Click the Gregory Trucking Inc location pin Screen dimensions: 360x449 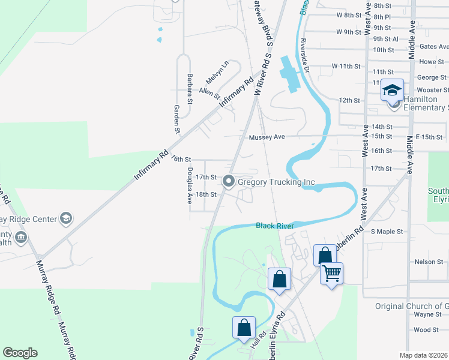(x=228, y=181)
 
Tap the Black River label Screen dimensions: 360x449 (x=274, y=226)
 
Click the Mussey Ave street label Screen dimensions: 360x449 (x=267, y=137)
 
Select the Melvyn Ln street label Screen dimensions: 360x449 (x=217, y=73)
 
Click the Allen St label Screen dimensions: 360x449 (x=209, y=93)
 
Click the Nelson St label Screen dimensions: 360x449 (x=427, y=262)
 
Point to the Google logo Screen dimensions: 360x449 (x=20, y=353)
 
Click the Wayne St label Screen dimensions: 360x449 (x=427, y=314)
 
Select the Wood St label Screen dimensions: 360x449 (x=426, y=329)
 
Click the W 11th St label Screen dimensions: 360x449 (x=346, y=65)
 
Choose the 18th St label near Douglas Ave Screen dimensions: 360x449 (x=206, y=194)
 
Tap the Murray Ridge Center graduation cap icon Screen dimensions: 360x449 (x=66, y=218)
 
